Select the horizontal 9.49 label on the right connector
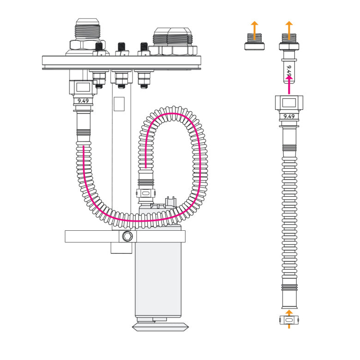[289, 116]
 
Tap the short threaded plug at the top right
[253, 42]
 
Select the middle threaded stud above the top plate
[121, 48]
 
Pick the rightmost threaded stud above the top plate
[144, 48]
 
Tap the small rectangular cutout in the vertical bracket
[119, 104]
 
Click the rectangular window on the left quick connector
[84, 86]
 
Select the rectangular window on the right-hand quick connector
[289, 102]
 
